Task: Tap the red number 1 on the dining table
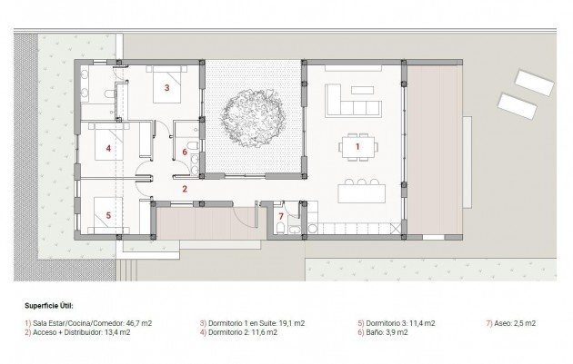point(357,145)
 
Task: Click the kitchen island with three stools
point(361,193)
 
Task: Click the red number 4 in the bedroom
point(107,147)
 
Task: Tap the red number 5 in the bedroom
point(107,215)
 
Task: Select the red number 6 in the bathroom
point(185,152)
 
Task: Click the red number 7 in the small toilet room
point(281,215)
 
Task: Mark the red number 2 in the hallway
point(185,189)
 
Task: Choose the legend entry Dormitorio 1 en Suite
point(251,322)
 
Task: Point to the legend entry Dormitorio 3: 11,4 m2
point(397,322)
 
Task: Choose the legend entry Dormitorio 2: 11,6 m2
point(240,332)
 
